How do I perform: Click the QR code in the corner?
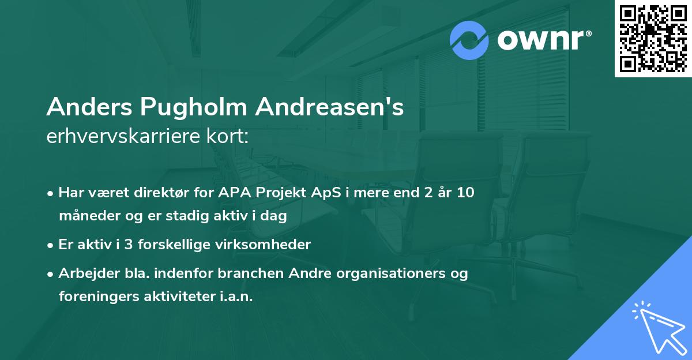coord(653,38)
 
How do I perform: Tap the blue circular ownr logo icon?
coord(469,40)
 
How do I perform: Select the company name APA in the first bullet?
coord(231,193)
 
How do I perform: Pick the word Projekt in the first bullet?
coord(276,193)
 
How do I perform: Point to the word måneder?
coord(84,216)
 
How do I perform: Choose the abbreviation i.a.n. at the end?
coord(234,297)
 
